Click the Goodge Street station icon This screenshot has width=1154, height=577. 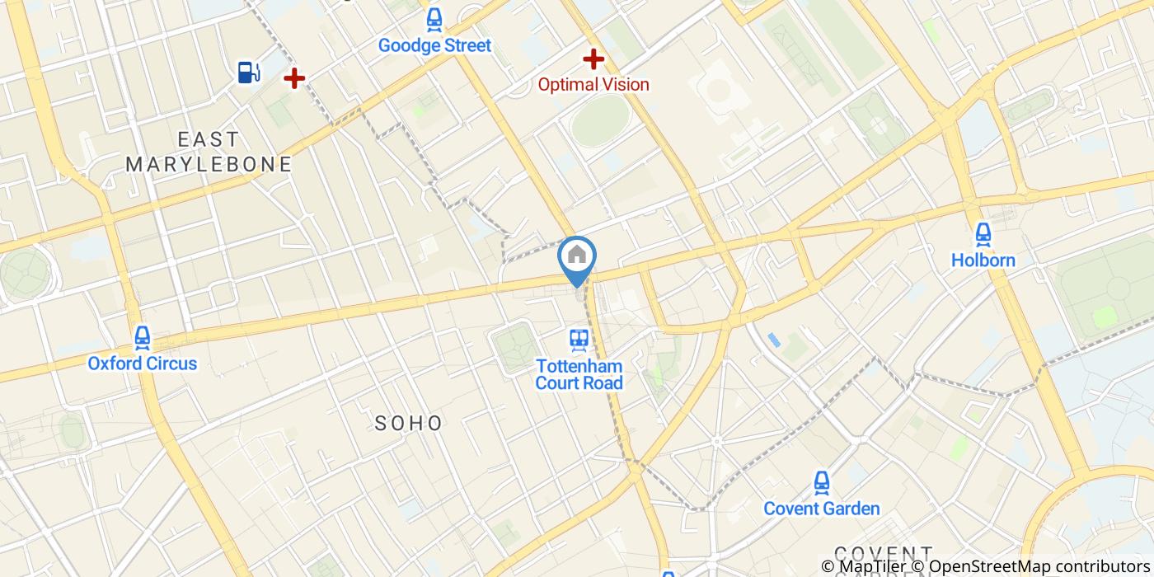(434, 20)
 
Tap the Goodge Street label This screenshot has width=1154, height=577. (434, 45)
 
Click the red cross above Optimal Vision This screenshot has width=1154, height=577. (593, 59)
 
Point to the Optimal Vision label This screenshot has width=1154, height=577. (593, 84)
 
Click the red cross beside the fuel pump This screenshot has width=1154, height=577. (294, 78)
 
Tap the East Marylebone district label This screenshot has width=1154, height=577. (209, 152)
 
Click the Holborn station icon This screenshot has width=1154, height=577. (983, 235)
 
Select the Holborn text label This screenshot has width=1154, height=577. (983, 260)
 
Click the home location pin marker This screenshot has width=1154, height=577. (577, 257)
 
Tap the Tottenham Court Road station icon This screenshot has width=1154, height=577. (579, 339)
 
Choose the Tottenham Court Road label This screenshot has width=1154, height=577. (579, 374)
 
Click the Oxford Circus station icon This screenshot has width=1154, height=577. (143, 337)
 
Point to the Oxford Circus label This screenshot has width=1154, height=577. (143, 363)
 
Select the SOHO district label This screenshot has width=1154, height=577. (409, 424)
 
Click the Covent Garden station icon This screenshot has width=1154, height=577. (821, 482)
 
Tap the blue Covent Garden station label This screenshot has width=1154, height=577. (821, 509)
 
